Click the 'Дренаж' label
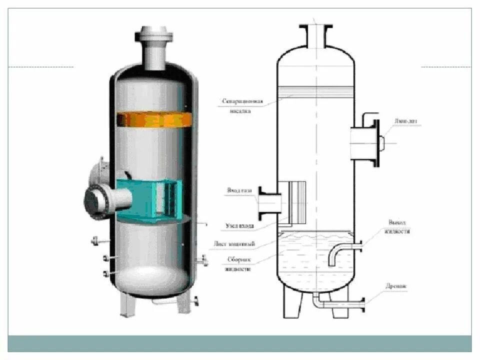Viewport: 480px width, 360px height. point(396,287)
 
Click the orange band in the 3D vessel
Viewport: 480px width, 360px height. point(154,119)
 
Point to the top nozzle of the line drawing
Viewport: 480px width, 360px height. point(316,36)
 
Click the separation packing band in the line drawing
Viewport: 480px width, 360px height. point(316,91)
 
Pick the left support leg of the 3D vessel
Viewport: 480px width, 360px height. point(126,303)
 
